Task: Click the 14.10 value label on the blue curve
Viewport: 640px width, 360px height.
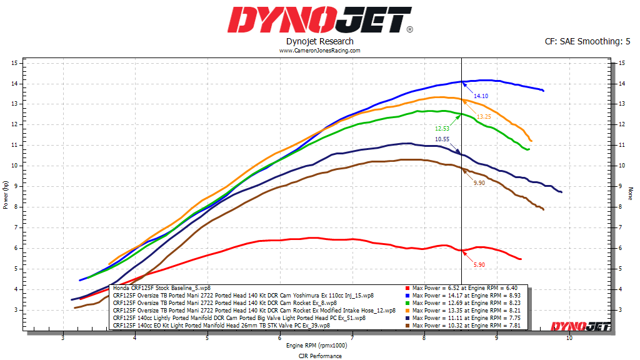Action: click(481, 96)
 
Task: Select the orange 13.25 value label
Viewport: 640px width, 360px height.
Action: click(484, 117)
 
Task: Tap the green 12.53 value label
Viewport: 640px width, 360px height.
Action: click(442, 128)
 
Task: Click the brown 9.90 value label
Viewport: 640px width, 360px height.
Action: click(479, 182)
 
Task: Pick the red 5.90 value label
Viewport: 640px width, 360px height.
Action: click(479, 265)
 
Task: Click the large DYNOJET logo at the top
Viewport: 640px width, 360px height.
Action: click(319, 19)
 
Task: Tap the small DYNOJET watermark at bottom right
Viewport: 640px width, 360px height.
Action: click(572, 326)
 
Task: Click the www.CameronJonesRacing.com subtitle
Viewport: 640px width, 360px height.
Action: click(319, 51)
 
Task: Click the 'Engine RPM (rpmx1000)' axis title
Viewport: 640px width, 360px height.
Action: click(317, 345)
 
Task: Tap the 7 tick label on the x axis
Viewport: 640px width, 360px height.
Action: click(352, 339)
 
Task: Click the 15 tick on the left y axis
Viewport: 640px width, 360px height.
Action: click(14, 63)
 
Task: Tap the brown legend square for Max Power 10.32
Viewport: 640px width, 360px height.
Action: click(407, 325)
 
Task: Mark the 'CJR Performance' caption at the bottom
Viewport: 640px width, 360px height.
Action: click(319, 356)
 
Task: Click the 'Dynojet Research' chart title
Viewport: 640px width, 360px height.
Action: click(319, 41)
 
